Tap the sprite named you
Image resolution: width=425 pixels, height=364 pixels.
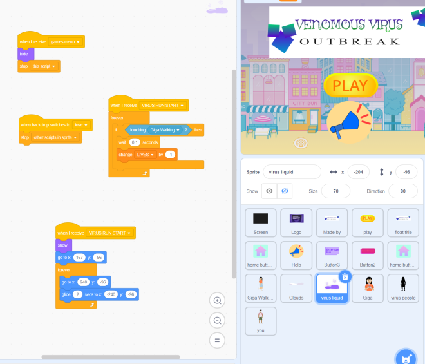pyautogui.click(x=261, y=320)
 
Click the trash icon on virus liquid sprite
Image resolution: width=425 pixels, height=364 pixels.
pyautogui.click(x=345, y=276)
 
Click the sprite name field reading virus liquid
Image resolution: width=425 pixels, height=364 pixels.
pyautogui.click(x=292, y=172)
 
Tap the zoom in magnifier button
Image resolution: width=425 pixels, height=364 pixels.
pyautogui.click(x=218, y=300)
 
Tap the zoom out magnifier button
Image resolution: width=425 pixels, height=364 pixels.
pyautogui.click(x=218, y=320)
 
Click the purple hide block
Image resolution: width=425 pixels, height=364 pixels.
pyautogui.click(x=24, y=54)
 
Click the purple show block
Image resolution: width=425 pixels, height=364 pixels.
pyautogui.click(x=62, y=245)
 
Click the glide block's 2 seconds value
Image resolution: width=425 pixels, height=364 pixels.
pyautogui.click(x=77, y=294)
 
